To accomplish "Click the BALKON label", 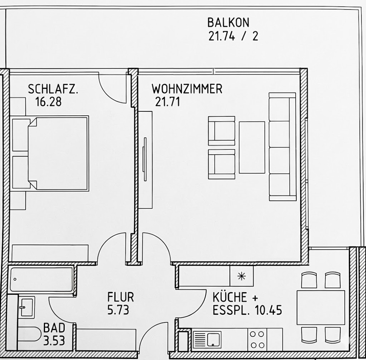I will (x=228, y=23).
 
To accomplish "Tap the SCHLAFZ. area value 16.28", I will (x=48, y=101).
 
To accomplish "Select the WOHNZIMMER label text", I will (x=187, y=89).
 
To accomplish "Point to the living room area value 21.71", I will (x=167, y=101).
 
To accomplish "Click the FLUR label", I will (x=120, y=297).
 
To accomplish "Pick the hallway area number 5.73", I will (x=118, y=310).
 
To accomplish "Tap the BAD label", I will (x=54, y=328).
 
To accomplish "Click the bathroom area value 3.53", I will (x=54, y=341).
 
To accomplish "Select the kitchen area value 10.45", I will (x=268, y=310).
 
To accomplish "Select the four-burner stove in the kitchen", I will (x=257, y=339).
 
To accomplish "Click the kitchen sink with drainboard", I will (x=207, y=339).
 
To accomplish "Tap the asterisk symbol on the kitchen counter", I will (x=241, y=276).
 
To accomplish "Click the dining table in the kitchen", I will (x=321, y=307).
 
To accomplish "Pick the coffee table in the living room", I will (x=252, y=147).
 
